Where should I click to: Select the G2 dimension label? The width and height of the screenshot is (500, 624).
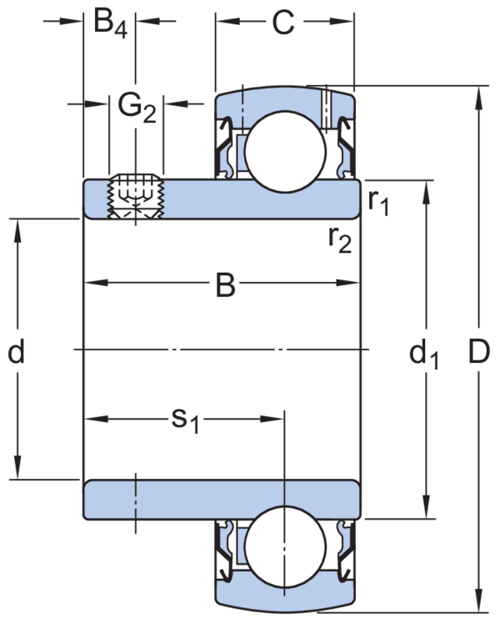pos(136,106)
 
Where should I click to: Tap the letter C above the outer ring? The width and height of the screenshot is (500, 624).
pos(283,23)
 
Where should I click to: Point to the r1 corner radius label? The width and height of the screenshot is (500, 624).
pos(379,203)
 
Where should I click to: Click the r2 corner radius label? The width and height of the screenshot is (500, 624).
pos(340,239)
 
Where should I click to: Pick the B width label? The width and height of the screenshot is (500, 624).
pos(225,285)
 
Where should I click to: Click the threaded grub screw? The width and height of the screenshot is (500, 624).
pos(137,197)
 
